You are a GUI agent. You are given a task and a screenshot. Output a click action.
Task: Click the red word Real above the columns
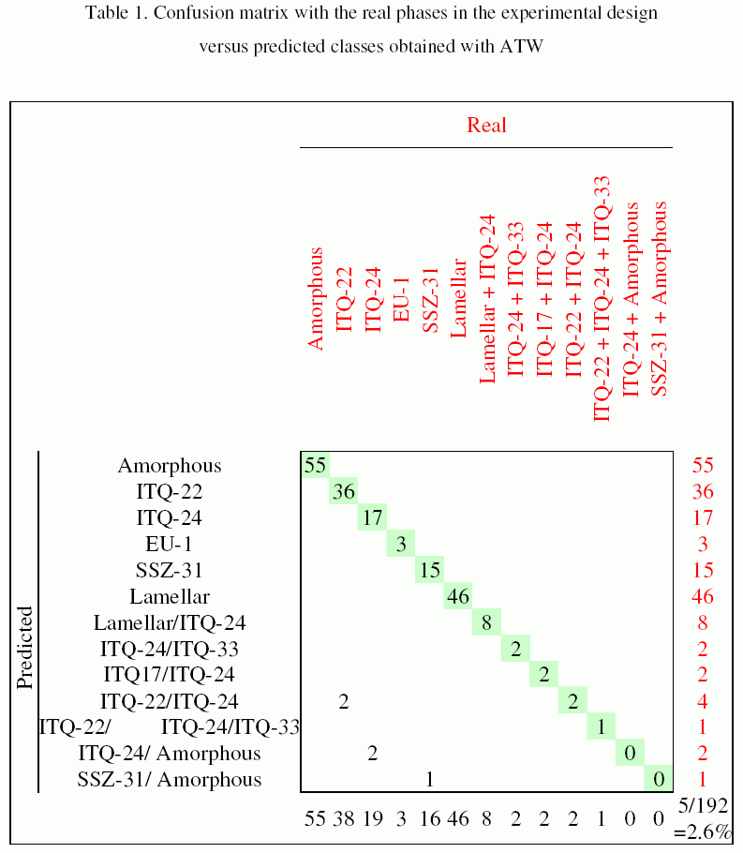pos(486,125)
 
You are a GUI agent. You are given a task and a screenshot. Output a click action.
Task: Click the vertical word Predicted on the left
pos(25,647)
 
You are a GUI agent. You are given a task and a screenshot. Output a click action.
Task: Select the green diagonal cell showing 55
pos(315,465)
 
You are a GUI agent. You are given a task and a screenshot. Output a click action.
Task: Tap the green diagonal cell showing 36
pos(344,491)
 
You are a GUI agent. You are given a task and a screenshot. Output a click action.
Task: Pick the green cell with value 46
pos(458,596)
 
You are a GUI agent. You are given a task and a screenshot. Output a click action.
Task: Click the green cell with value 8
pos(487,622)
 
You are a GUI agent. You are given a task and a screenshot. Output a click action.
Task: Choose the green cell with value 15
pos(430,570)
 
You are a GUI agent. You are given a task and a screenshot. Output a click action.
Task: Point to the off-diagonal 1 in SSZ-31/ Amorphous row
pos(429,779)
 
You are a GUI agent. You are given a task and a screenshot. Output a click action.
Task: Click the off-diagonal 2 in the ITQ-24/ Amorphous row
pos(372,753)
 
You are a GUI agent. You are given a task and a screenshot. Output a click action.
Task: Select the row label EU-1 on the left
pos(169,544)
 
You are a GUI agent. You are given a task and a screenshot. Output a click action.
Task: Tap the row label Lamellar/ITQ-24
pos(170,622)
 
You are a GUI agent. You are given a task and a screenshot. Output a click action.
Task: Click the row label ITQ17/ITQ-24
pos(169,674)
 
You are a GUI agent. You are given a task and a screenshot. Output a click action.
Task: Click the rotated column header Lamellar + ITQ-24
pos(486,298)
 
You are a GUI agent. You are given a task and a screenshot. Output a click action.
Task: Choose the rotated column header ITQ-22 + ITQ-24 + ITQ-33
pos(602,298)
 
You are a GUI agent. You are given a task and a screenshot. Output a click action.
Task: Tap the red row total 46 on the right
pos(703,596)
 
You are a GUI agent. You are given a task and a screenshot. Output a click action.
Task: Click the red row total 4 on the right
pos(703,700)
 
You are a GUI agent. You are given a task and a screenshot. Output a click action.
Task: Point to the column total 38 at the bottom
pos(344,818)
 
